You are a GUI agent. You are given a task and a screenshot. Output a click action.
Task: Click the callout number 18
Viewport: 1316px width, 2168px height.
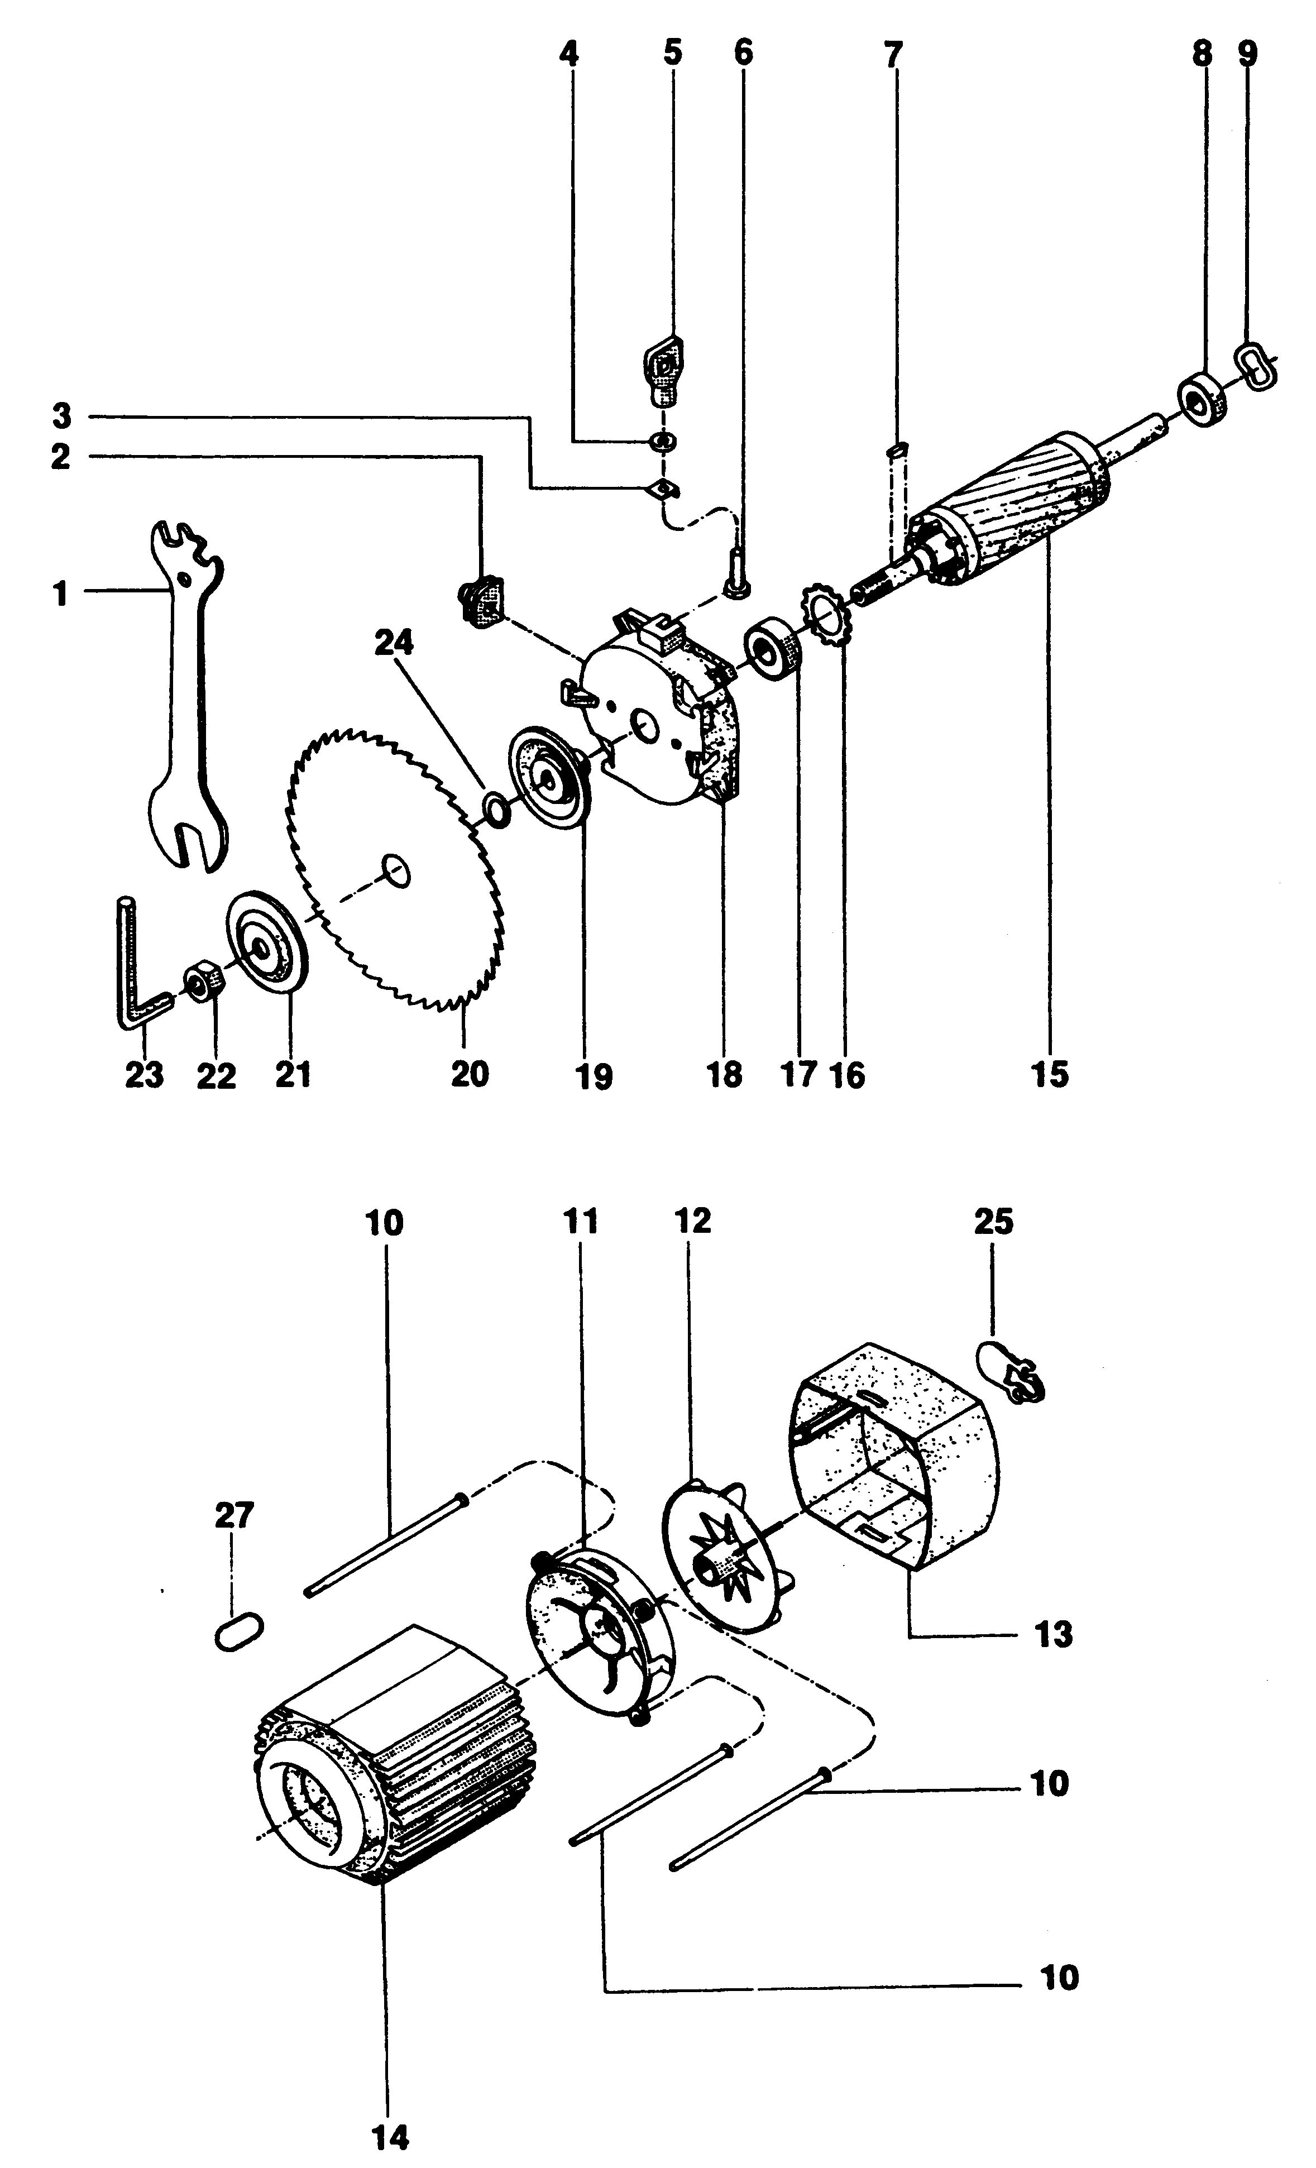[x=724, y=1074]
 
